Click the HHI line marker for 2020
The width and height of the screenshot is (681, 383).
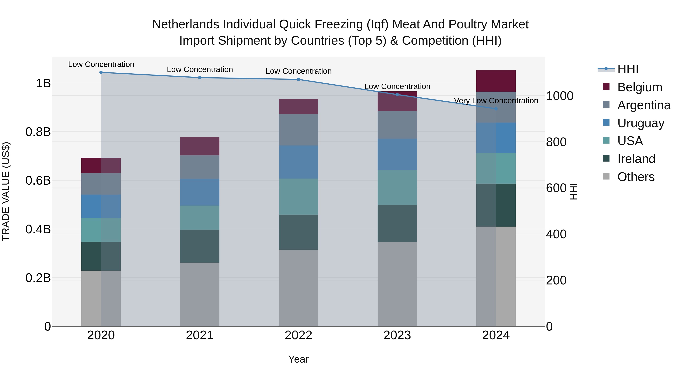pos(101,72)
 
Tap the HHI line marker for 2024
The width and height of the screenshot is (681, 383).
pos(496,109)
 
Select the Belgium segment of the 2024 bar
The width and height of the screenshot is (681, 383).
pos(496,81)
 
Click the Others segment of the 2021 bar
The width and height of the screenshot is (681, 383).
pos(200,294)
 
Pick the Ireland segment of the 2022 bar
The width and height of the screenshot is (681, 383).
pos(299,232)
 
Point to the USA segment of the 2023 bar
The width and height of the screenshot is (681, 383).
pos(397,187)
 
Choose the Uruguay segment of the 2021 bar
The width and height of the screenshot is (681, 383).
pos(200,192)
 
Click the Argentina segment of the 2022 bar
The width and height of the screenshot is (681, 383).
pos(299,130)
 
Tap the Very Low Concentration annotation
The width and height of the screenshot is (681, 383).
pos(496,101)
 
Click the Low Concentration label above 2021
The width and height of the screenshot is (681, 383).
pos(200,70)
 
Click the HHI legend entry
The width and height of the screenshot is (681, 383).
pos(628,69)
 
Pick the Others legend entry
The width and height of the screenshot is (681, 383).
pos(636,177)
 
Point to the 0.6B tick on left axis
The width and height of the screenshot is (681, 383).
pos(38,181)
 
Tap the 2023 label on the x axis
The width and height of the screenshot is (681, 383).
pos(397,335)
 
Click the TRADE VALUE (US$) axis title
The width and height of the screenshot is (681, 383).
pos(6,192)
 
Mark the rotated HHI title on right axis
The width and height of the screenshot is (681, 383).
pos(573,192)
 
